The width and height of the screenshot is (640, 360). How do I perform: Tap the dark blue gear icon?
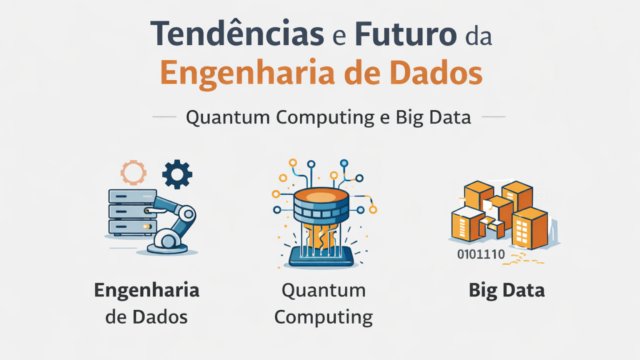click(x=177, y=174)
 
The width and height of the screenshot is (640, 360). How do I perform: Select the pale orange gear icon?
click(x=132, y=172)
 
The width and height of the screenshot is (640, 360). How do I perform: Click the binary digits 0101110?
click(x=481, y=254)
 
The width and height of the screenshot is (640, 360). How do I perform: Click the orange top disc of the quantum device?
click(x=321, y=197)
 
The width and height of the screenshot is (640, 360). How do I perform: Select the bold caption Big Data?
click(x=507, y=291)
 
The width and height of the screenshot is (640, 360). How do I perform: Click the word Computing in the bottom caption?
click(x=324, y=317)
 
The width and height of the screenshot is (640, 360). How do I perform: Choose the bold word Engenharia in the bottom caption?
click(x=147, y=291)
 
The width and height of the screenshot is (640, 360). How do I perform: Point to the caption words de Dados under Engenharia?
click(x=147, y=317)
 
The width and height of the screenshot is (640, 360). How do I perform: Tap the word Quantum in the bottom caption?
click(x=324, y=291)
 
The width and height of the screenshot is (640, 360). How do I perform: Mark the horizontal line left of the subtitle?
click(x=164, y=116)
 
